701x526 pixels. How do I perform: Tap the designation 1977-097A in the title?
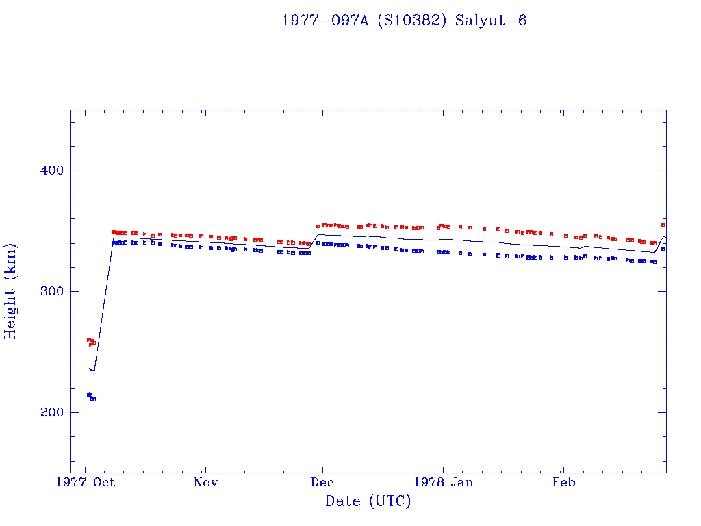[x=324, y=21]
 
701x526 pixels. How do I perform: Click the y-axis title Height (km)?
[x=11, y=292]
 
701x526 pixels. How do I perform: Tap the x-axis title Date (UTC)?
[x=368, y=501]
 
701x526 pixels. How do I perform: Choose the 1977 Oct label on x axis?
[x=86, y=483]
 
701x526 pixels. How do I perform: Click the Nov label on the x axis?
[x=205, y=483]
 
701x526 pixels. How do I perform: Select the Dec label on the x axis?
[x=322, y=483]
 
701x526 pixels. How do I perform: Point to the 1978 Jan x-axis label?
[x=444, y=483]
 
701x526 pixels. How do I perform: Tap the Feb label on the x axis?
[x=563, y=483]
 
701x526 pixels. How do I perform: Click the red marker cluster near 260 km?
[x=90, y=341]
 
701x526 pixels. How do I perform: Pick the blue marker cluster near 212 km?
[x=90, y=397]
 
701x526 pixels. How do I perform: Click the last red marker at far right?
[x=663, y=224]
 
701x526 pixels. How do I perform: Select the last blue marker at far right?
[x=663, y=249]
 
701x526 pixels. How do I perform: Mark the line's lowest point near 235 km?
[x=93, y=371]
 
